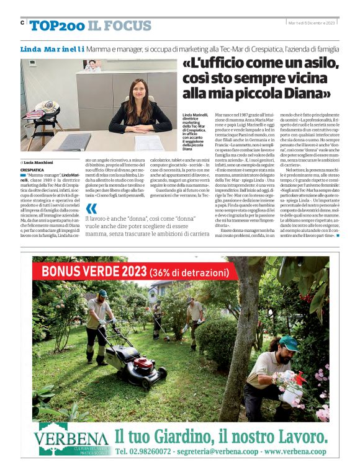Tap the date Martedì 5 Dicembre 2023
click(311, 23)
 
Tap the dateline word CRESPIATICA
click(32, 169)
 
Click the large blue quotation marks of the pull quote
click(91, 209)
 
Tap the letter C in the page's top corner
click(22, 23)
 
